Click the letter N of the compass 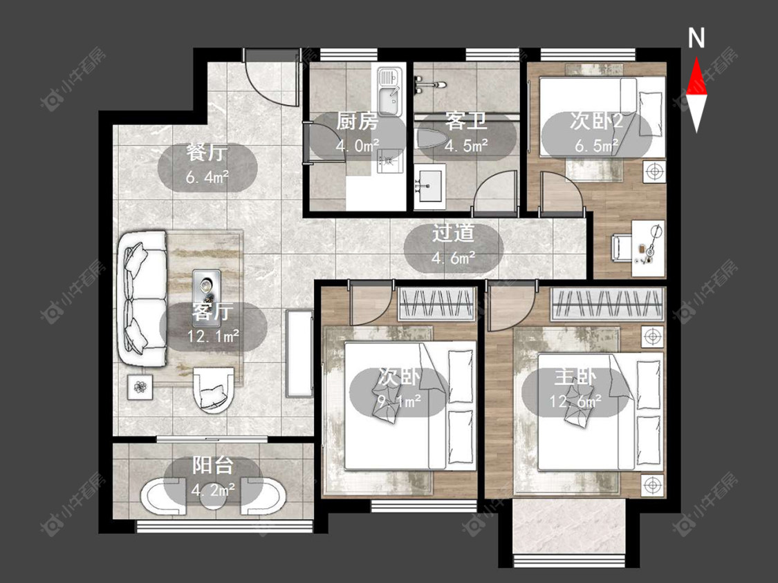pyautogui.click(x=696, y=38)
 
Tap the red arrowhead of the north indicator pyautogui.click(x=696, y=76)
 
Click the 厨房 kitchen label pyautogui.click(x=358, y=121)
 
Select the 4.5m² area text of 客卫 pyautogui.click(x=466, y=146)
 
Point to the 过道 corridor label pyautogui.click(x=453, y=233)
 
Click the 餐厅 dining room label pyautogui.click(x=207, y=153)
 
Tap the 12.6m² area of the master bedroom pyautogui.click(x=575, y=401)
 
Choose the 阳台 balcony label pyautogui.click(x=213, y=466)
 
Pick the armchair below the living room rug pyautogui.click(x=214, y=390)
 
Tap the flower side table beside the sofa pyautogui.click(x=141, y=387)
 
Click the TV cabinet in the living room pyautogui.click(x=299, y=354)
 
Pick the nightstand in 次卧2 pyautogui.click(x=655, y=172)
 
